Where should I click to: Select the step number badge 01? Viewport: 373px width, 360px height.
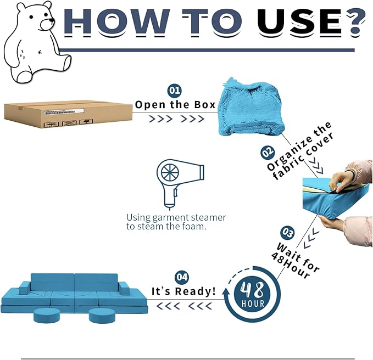[175, 91]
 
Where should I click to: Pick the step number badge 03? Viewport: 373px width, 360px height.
[287, 232]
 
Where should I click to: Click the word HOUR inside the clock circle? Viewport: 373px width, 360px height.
[252, 303]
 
